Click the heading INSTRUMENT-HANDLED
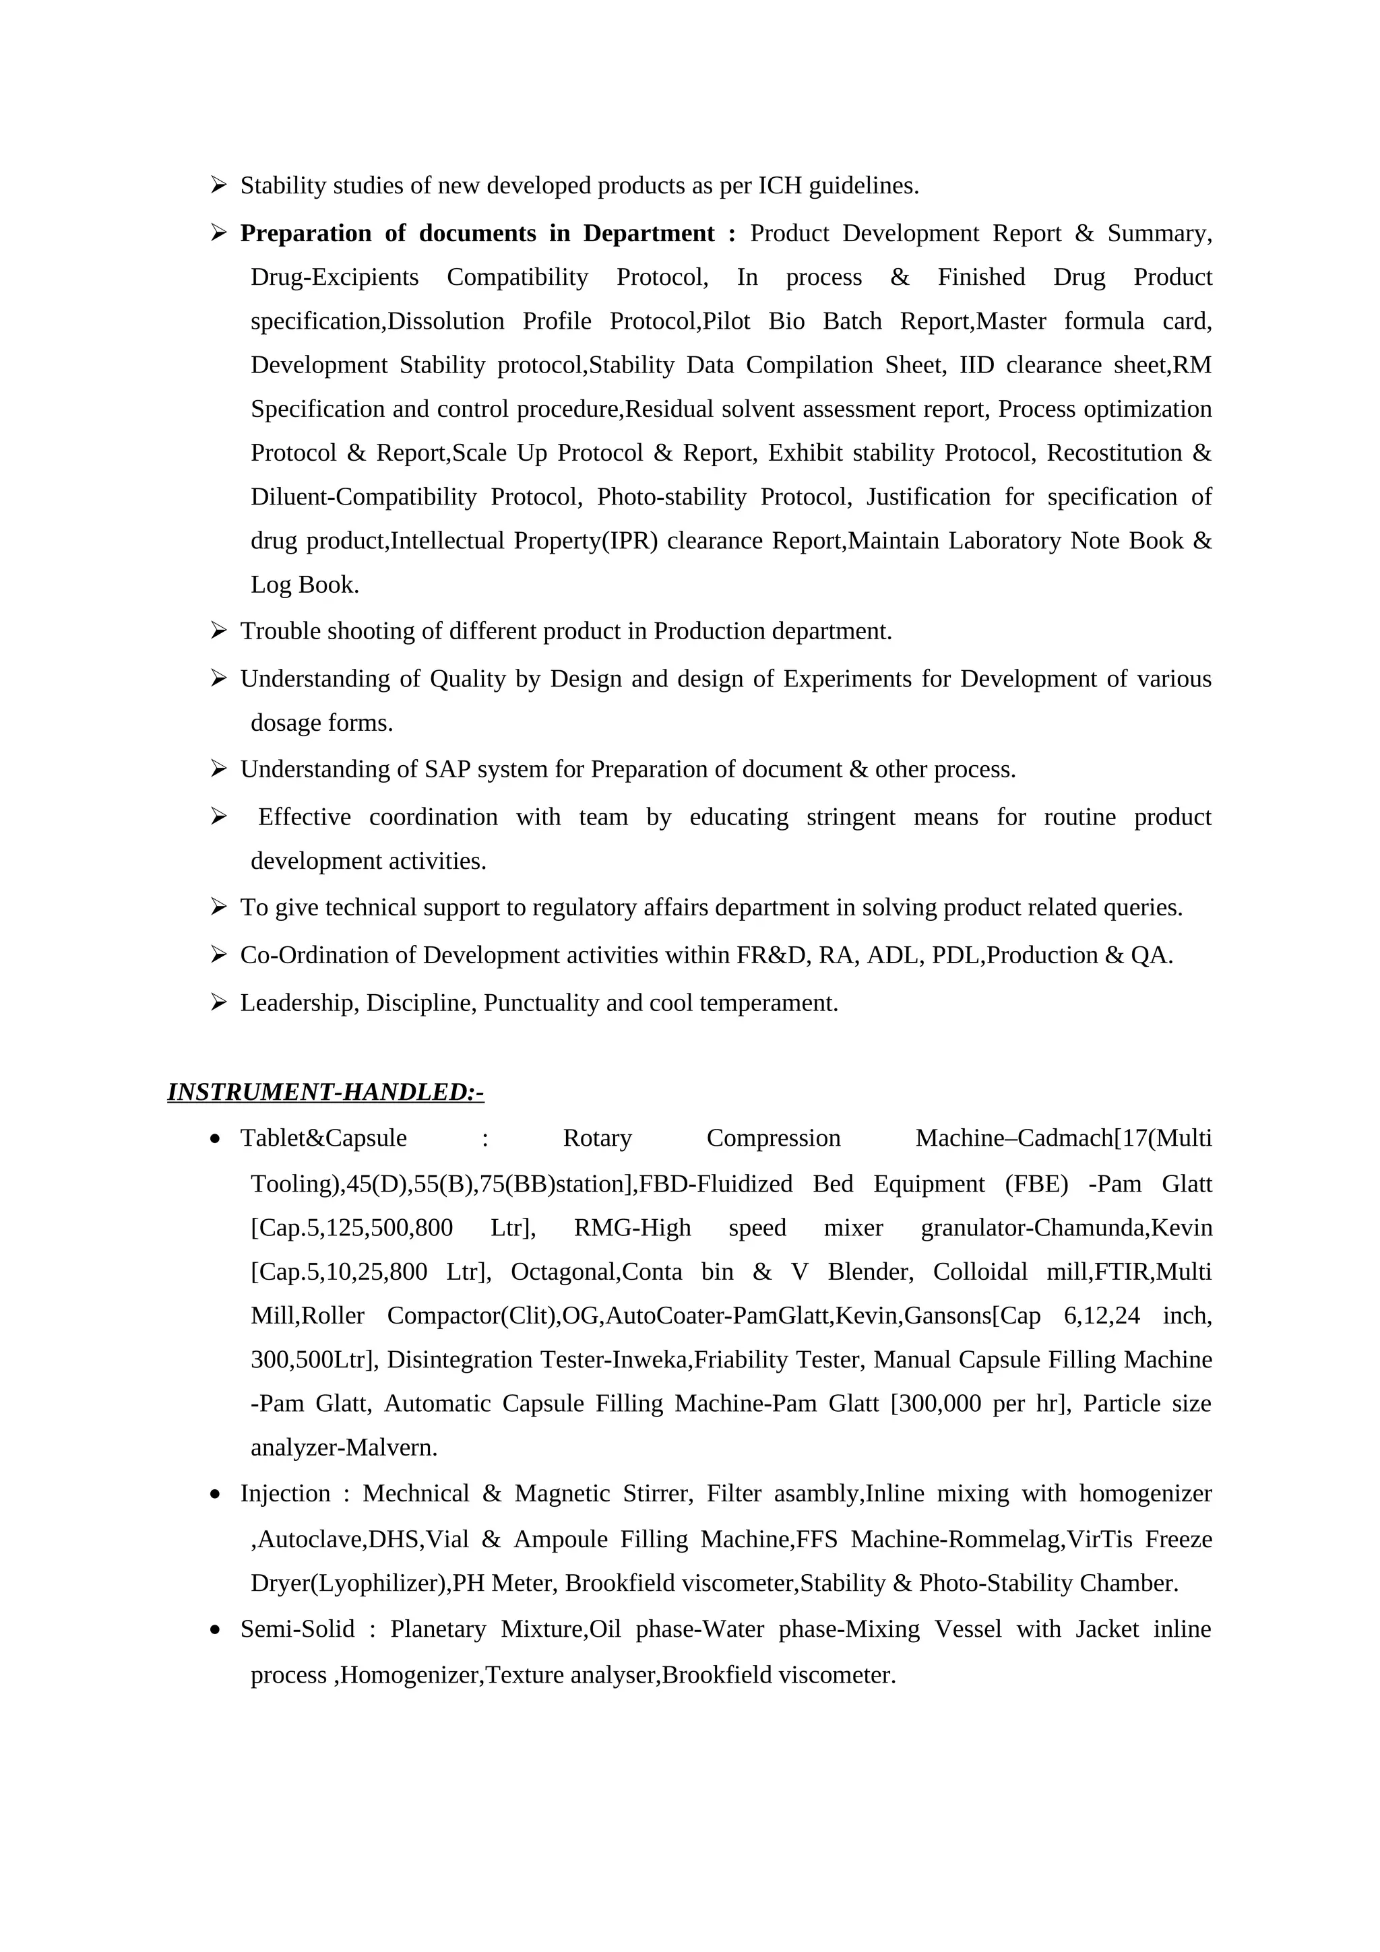click(325, 1092)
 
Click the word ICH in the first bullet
click(780, 185)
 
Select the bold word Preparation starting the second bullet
click(305, 233)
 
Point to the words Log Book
click(305, 585)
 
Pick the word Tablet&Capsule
click(323, 1138)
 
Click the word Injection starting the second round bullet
click(285, 1494)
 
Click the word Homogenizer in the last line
click(412, 1675)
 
